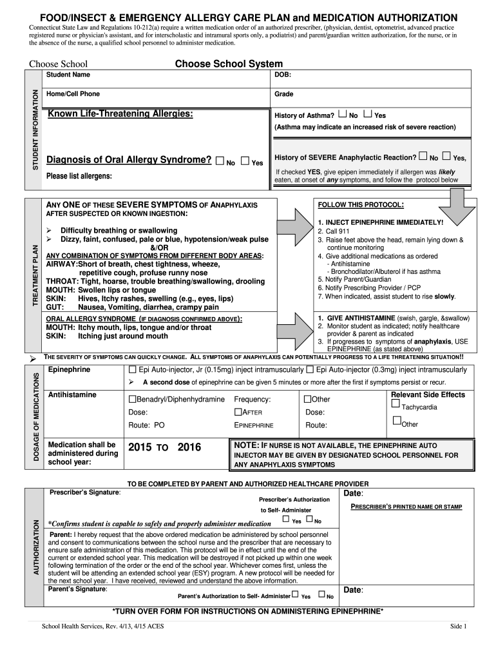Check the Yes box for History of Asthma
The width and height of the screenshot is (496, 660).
click(368, 114)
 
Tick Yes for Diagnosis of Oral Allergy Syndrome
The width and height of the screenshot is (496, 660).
click(245, 161)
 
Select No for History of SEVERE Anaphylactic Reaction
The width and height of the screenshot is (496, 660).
click(423, 156)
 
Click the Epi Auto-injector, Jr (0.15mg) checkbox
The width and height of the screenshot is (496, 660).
click(133, 370)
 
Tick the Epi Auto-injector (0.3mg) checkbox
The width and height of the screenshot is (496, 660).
click(310, 370)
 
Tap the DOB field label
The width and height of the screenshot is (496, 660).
click(283, 75)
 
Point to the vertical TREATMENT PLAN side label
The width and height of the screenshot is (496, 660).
click(35, 275)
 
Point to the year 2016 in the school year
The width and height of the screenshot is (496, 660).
click(189, 447)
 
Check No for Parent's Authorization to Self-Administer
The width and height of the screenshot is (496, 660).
click(321, 594)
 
